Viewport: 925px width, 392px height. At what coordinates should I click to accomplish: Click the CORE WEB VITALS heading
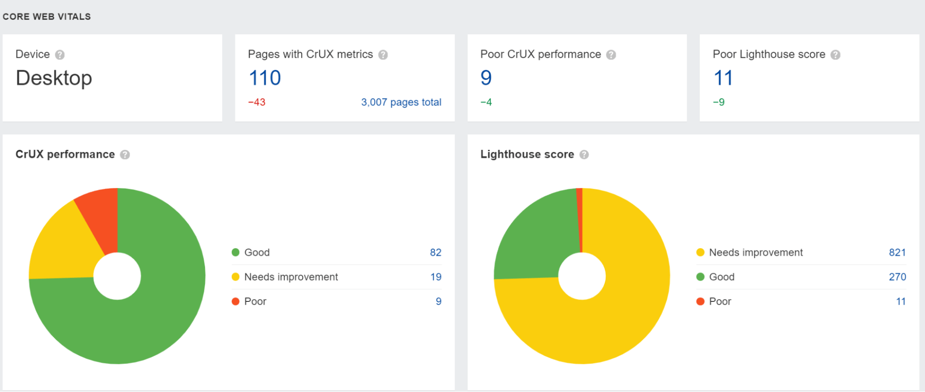pos(47,17)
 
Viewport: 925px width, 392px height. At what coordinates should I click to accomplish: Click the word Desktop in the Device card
pos(54,78)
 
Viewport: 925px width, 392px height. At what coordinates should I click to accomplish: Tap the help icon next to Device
pos(60,55)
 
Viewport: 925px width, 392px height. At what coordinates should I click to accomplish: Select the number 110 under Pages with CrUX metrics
pos(265,78)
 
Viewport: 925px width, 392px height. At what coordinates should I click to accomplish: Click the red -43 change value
pos(257,102)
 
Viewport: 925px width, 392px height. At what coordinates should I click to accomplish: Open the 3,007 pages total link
pos(401,102)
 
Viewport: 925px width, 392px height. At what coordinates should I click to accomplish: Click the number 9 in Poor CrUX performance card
pos(486,78)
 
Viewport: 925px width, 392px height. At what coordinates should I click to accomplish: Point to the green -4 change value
pos(486,102)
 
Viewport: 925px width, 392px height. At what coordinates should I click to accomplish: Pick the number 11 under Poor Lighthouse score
pos(723,78)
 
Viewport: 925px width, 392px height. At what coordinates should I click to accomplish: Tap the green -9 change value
pos(719,102)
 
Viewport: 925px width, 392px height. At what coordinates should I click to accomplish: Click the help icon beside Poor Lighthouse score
pos(835,55)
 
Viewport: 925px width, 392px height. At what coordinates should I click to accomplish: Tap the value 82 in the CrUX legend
pos(435,252)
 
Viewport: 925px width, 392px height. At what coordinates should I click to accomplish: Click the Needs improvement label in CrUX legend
pos(291,277)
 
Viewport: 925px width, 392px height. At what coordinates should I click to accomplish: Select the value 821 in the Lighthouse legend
pos(897,252)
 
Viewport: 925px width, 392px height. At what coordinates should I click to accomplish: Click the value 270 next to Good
pos(897,277)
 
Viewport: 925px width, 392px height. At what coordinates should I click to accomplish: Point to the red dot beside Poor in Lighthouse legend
pos(700,301)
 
